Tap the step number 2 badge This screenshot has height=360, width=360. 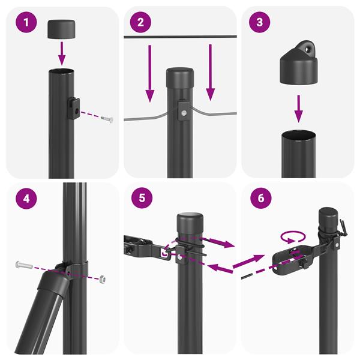point(140,24)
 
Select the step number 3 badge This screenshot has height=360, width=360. point(259,24)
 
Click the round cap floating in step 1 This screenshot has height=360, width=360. point(62,27)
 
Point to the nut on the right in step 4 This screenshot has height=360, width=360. point(103,279)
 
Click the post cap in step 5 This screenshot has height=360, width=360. point(190,221)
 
